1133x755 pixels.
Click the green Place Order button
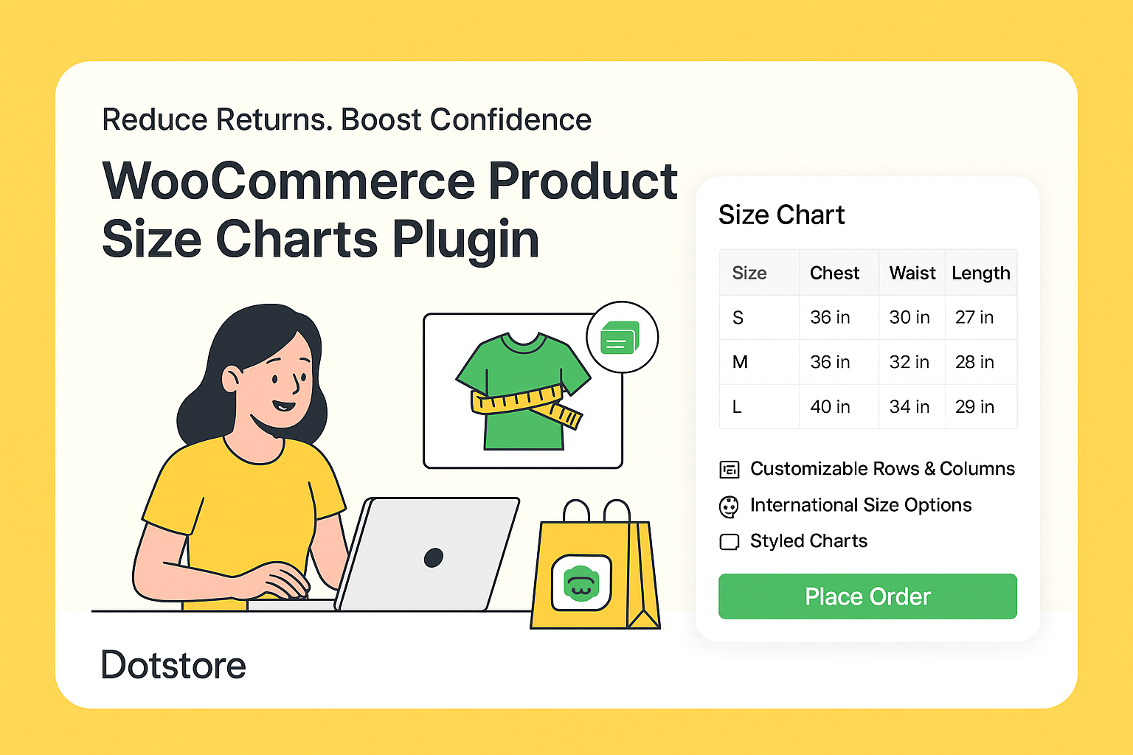tap(867, 596)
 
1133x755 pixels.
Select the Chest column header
tap(834, 273)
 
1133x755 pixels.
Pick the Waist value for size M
tap(909, 362)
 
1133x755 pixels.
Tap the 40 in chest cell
tap(830, 407)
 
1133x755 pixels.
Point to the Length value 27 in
tap(974, 317)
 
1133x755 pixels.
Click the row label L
tap(737, 407)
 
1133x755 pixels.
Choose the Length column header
tap(980, 273)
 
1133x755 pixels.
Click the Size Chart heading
tap(781, 215)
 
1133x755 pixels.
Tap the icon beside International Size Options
tap(729, 507)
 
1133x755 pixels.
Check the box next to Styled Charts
tap(729, 542)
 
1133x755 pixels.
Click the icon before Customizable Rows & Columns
tap(729, 470)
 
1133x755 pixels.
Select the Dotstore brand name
tap(173, 665)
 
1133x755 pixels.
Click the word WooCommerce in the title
tap(288, 181)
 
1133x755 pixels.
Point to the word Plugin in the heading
tap(465, 240)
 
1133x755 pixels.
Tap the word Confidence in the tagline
tap(510, 119)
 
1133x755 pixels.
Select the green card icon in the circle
tap(620, 338)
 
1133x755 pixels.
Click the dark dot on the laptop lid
tap(434, 557)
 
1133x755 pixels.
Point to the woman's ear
tap(231, 380)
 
